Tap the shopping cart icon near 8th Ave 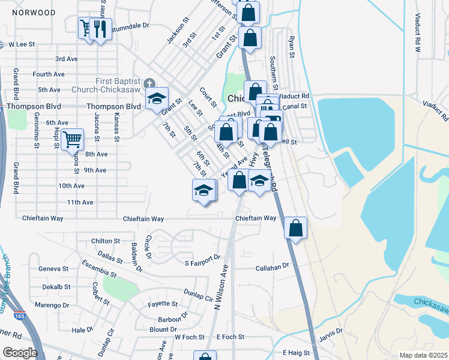[x=72, y=139]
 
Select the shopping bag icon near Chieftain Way [x=295, y=228]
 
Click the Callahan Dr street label [x=273, y=265]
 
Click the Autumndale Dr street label [x=128, y=26]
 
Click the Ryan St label [x=292, y=46]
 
